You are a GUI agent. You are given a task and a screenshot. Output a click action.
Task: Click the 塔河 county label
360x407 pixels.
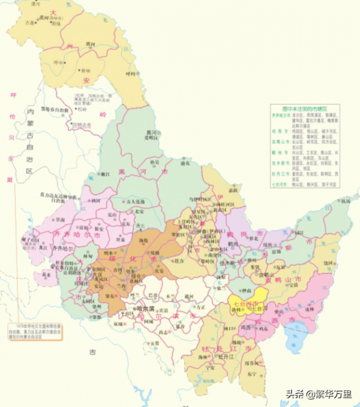(x=90, y=43)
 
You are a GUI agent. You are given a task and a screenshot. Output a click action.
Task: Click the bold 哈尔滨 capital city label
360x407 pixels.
(x=143, y=307)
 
